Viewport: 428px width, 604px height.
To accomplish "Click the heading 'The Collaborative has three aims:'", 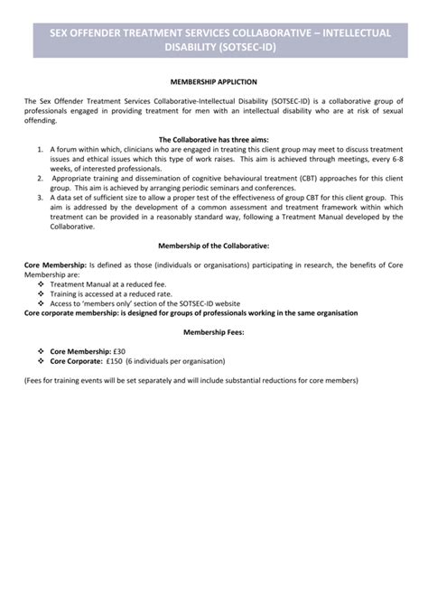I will coord(213,139).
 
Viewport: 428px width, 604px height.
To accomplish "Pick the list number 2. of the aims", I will coord(42,179).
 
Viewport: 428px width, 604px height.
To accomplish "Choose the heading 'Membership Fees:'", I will coord(213,331).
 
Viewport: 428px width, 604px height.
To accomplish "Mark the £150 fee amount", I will coord(113,361).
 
